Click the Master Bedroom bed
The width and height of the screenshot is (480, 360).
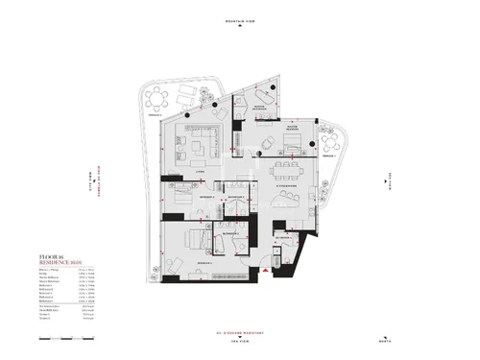click(x=293, y=145)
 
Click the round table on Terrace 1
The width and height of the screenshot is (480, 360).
click(x=336, y=142)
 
